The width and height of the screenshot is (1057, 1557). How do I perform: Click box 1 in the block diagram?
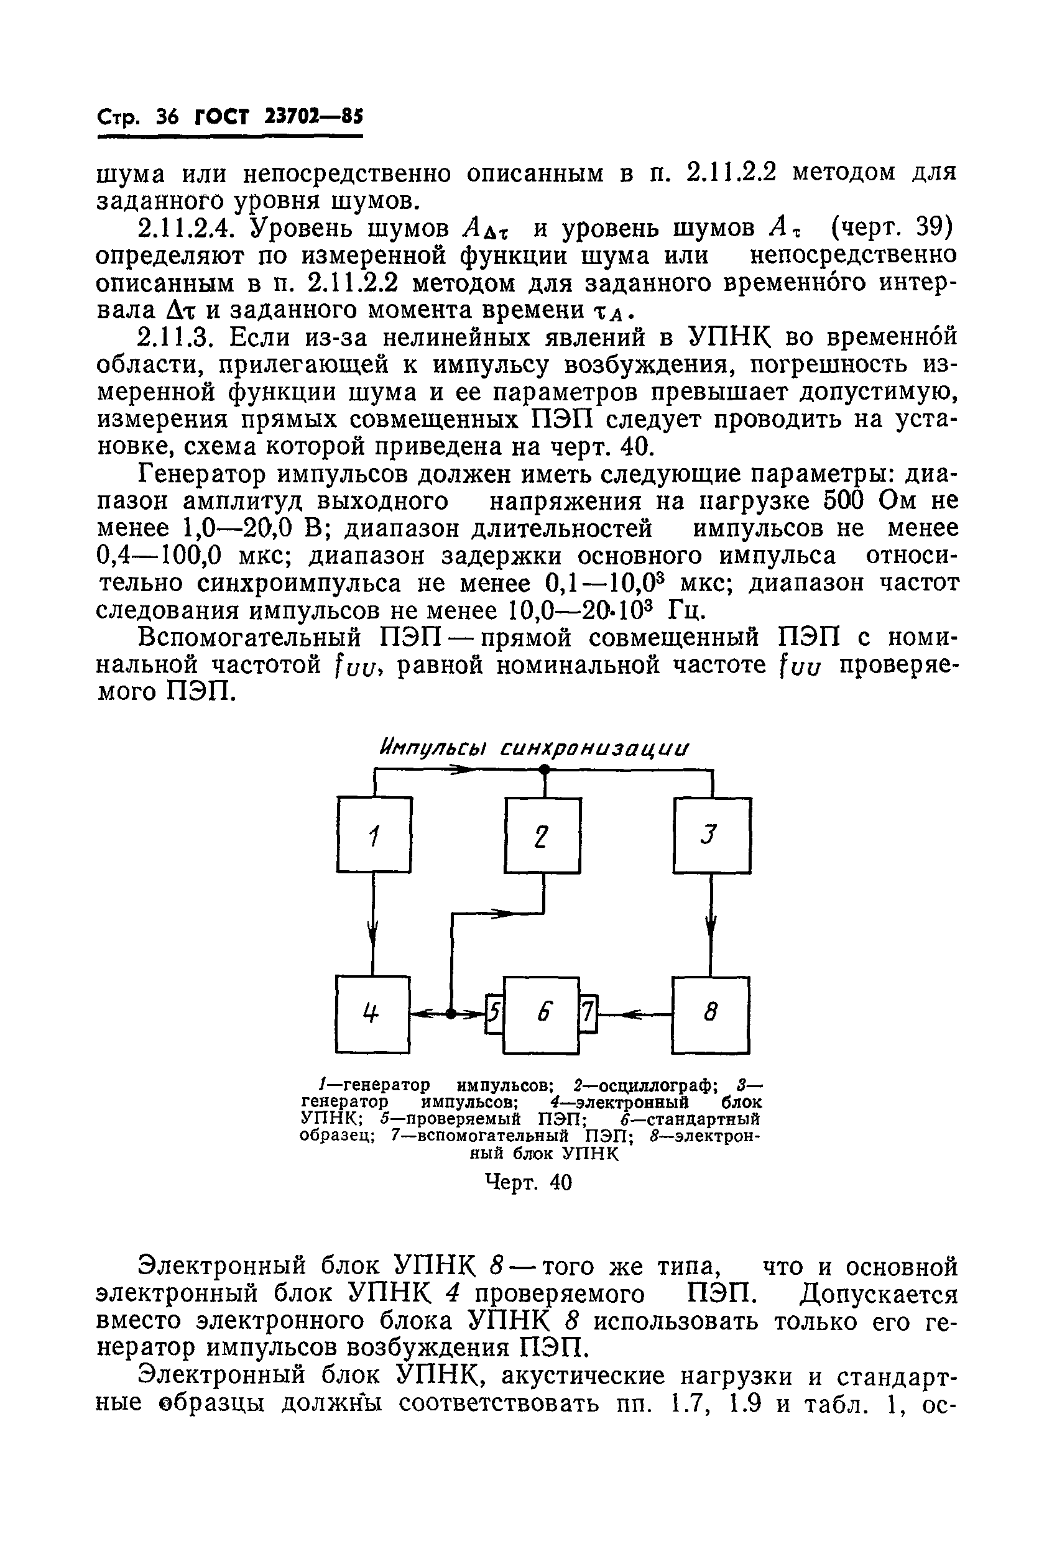(x=374, y=834)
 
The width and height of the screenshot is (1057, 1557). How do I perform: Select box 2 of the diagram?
(x=543, y=835)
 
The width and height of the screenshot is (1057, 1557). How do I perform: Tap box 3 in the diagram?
(x=712, y=835)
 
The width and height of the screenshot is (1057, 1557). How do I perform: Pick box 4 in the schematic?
(x=372, y=1014)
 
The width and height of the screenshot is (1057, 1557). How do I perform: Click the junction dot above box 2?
(x=544, y=771)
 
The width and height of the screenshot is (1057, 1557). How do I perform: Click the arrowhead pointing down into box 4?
(x=373, y=932)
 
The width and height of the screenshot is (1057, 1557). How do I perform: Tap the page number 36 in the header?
(x=166, y=118)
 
